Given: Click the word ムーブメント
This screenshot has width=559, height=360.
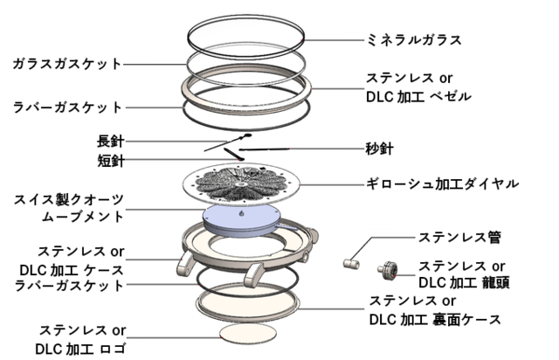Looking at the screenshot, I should tap(81, 216).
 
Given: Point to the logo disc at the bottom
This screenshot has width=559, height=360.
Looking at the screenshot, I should tap(243, 335).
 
